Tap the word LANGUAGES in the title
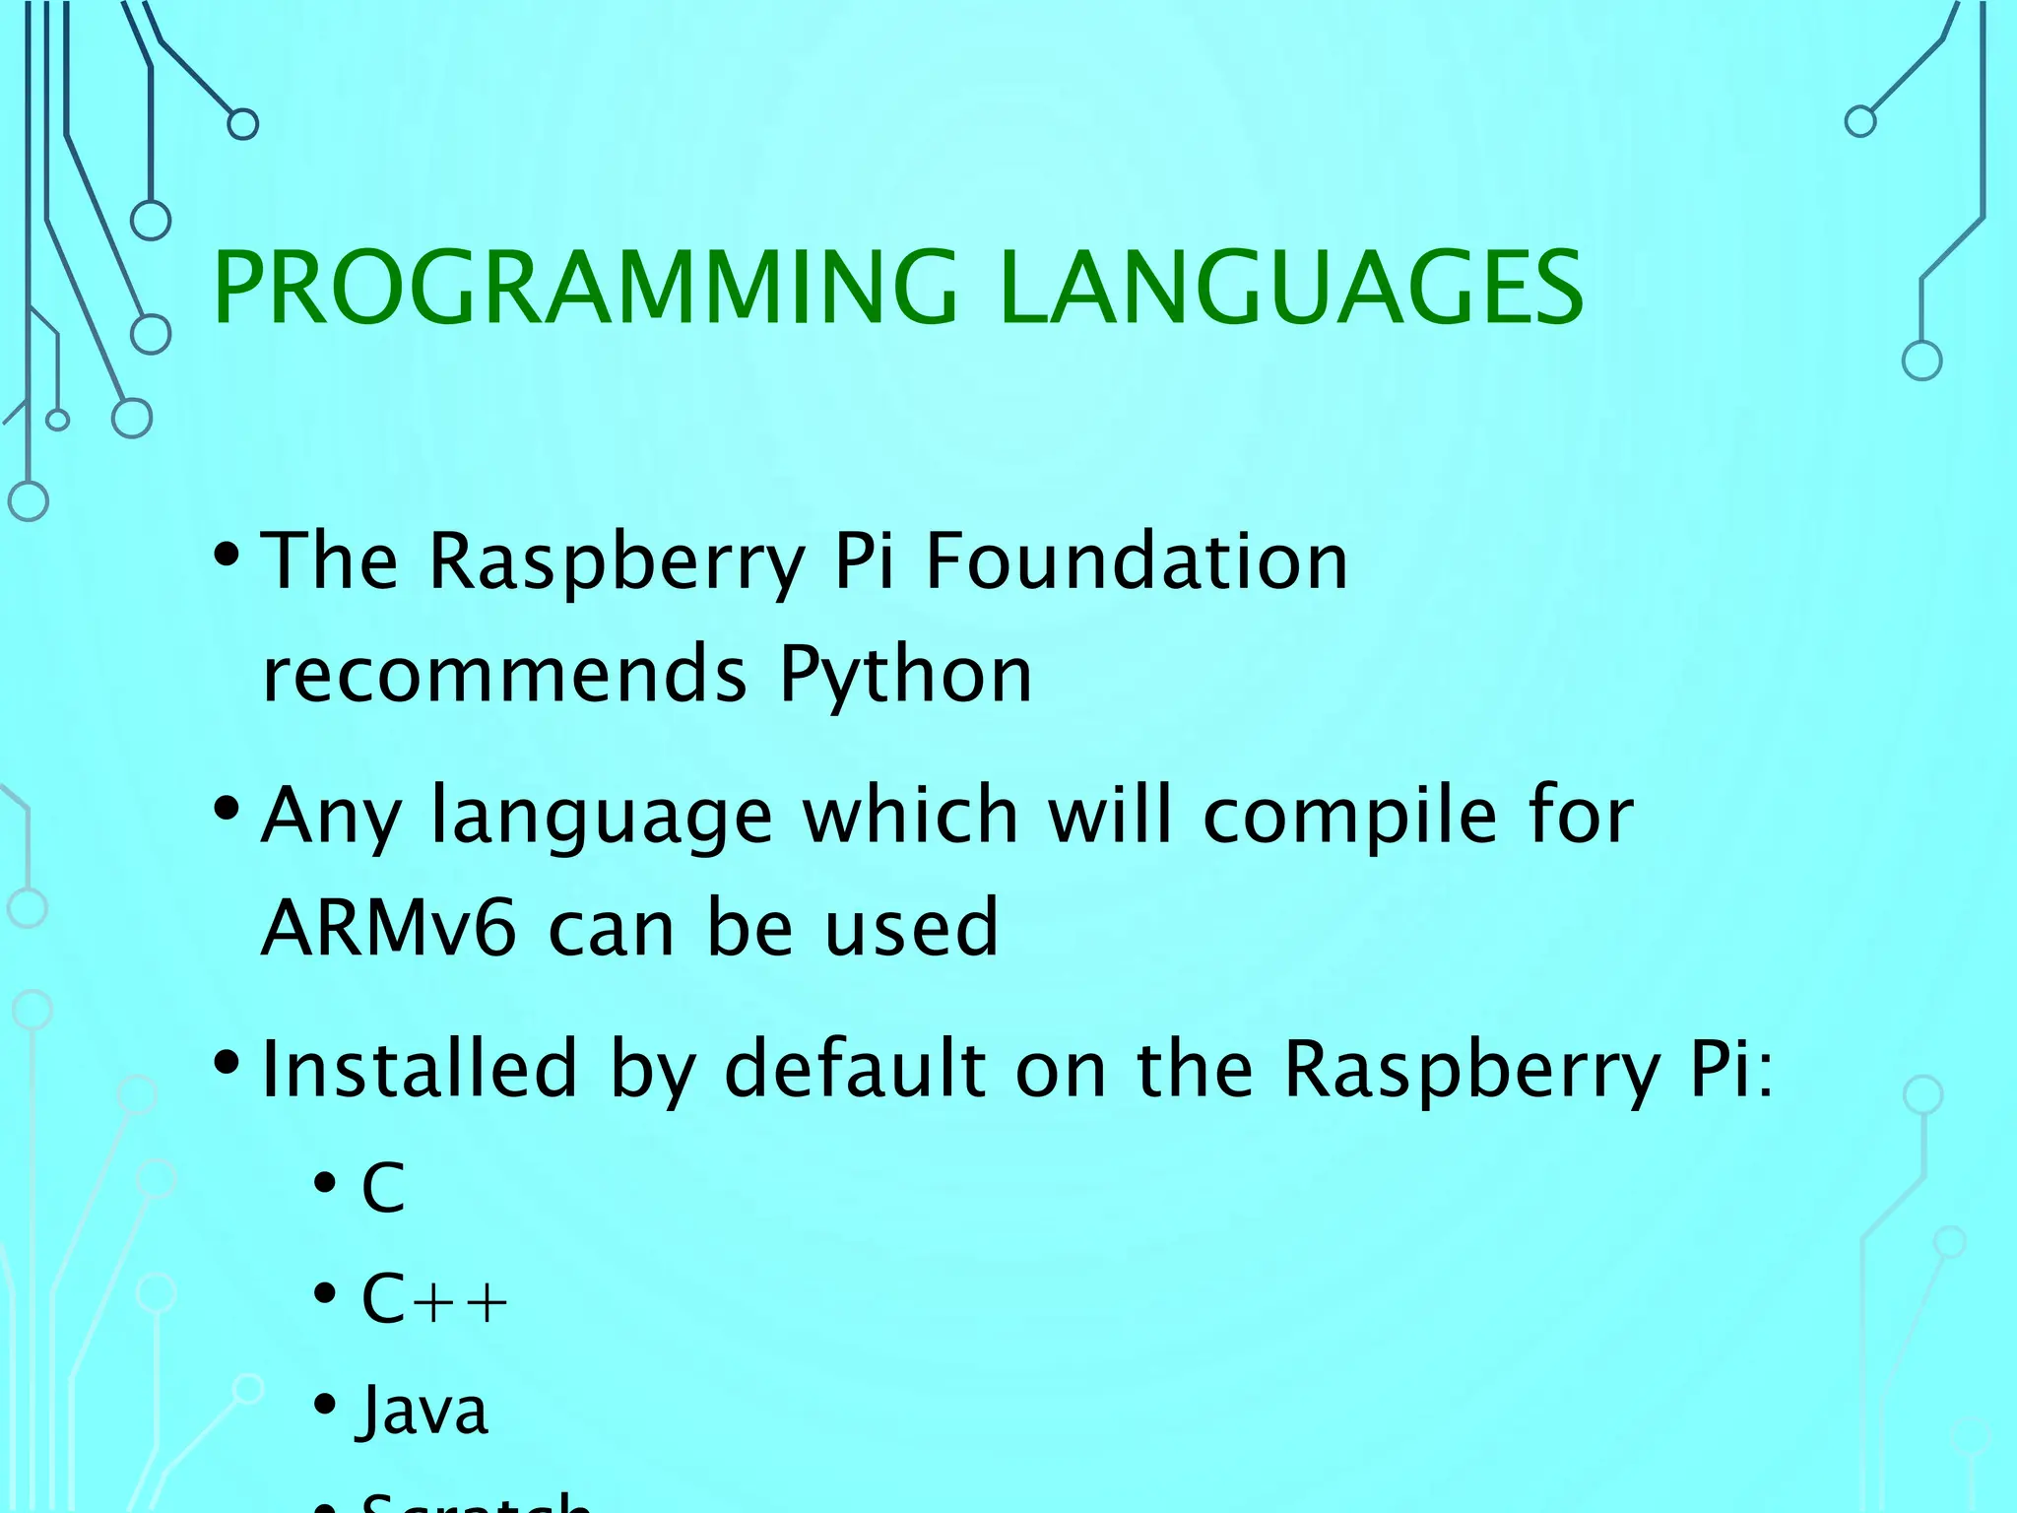(1290, 288)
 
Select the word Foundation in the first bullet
(1137, 561)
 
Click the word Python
(905, 676)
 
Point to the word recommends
(505, 676)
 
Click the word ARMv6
(388, 928)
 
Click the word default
(855, 1070)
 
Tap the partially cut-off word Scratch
(476, 1503)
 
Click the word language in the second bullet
(602, 818)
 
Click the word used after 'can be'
(911, 928)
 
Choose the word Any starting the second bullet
(330, 818)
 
